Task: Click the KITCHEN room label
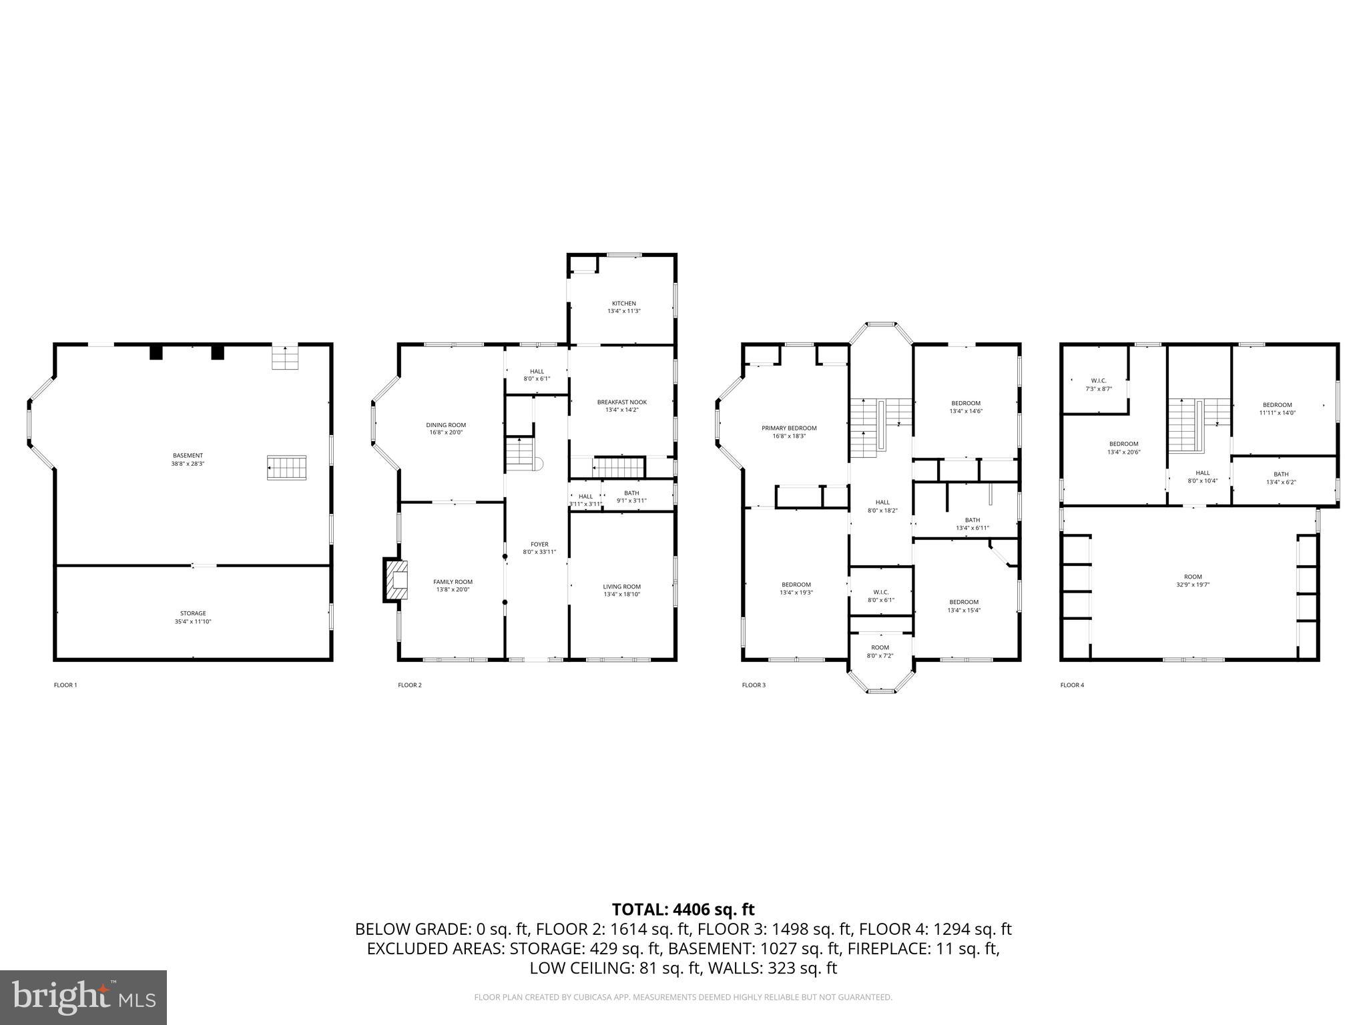[x=624, y=304]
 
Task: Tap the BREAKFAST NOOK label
[x=621, y=402]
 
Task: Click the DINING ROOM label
[x=446, y=425]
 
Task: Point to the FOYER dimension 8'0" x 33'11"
[x=539, y=552]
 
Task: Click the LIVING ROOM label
[x=621, y=587]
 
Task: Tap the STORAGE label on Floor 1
[x=193, y=613]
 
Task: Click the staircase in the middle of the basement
[x=287, y=467]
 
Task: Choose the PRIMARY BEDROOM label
[x=789, y=428]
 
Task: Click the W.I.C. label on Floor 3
[x=880, y=592]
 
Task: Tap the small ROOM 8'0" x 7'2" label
[x=880, y=647]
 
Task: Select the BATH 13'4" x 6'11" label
[x=972, y=520]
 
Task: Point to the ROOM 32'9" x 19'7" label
[x=1193, y=577]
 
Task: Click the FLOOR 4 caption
[x=1072, y=685]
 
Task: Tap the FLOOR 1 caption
[x=65, y=685]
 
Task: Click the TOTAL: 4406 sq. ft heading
[x=683, y=909]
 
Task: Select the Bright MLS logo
[x=83, y=997]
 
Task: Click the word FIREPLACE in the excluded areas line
[x=896, y=948]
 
